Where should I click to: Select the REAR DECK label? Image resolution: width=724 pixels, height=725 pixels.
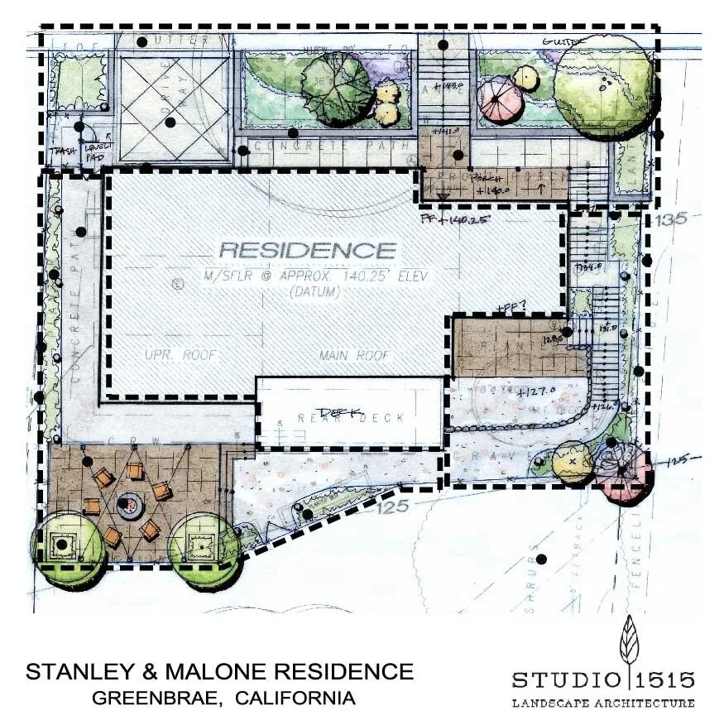point(351,416)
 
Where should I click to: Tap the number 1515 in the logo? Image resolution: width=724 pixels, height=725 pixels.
point(666,680)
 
